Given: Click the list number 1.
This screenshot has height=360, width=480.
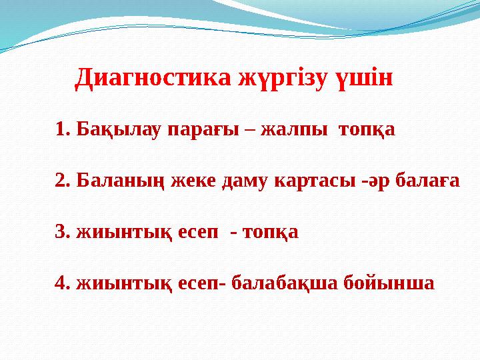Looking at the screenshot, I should pos(63,128).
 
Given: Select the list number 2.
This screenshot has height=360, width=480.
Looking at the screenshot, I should pos(63,180).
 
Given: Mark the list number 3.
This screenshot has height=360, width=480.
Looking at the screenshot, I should pos(63,232).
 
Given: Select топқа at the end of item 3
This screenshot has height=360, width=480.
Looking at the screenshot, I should pos(271,233).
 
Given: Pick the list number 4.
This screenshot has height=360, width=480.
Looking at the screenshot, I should pos(63,283).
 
